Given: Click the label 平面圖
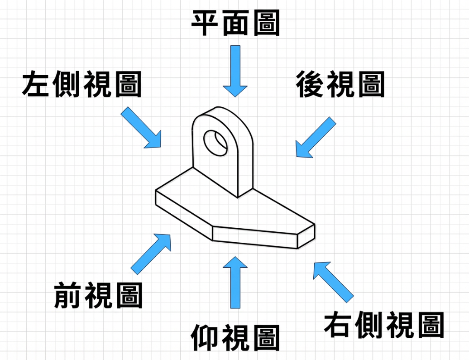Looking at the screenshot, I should pyautogui.click(x=235, y=24).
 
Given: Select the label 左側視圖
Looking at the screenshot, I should pyautogui.click(x=81, y=84).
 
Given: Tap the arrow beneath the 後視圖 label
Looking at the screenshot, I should pyautogui.click(x=316, y=137).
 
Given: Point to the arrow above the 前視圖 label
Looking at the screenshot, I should pyautogui.click(x=152, y=253).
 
